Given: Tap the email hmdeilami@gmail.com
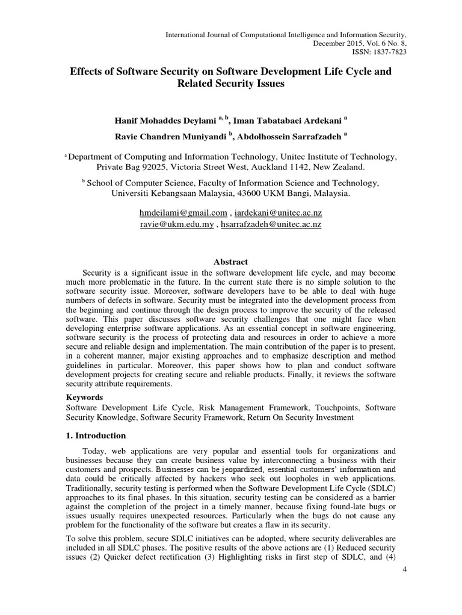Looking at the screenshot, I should tap(183, 213).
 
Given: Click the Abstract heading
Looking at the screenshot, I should tap(231, 262).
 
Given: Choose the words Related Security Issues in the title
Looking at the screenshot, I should tap(231, 85).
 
